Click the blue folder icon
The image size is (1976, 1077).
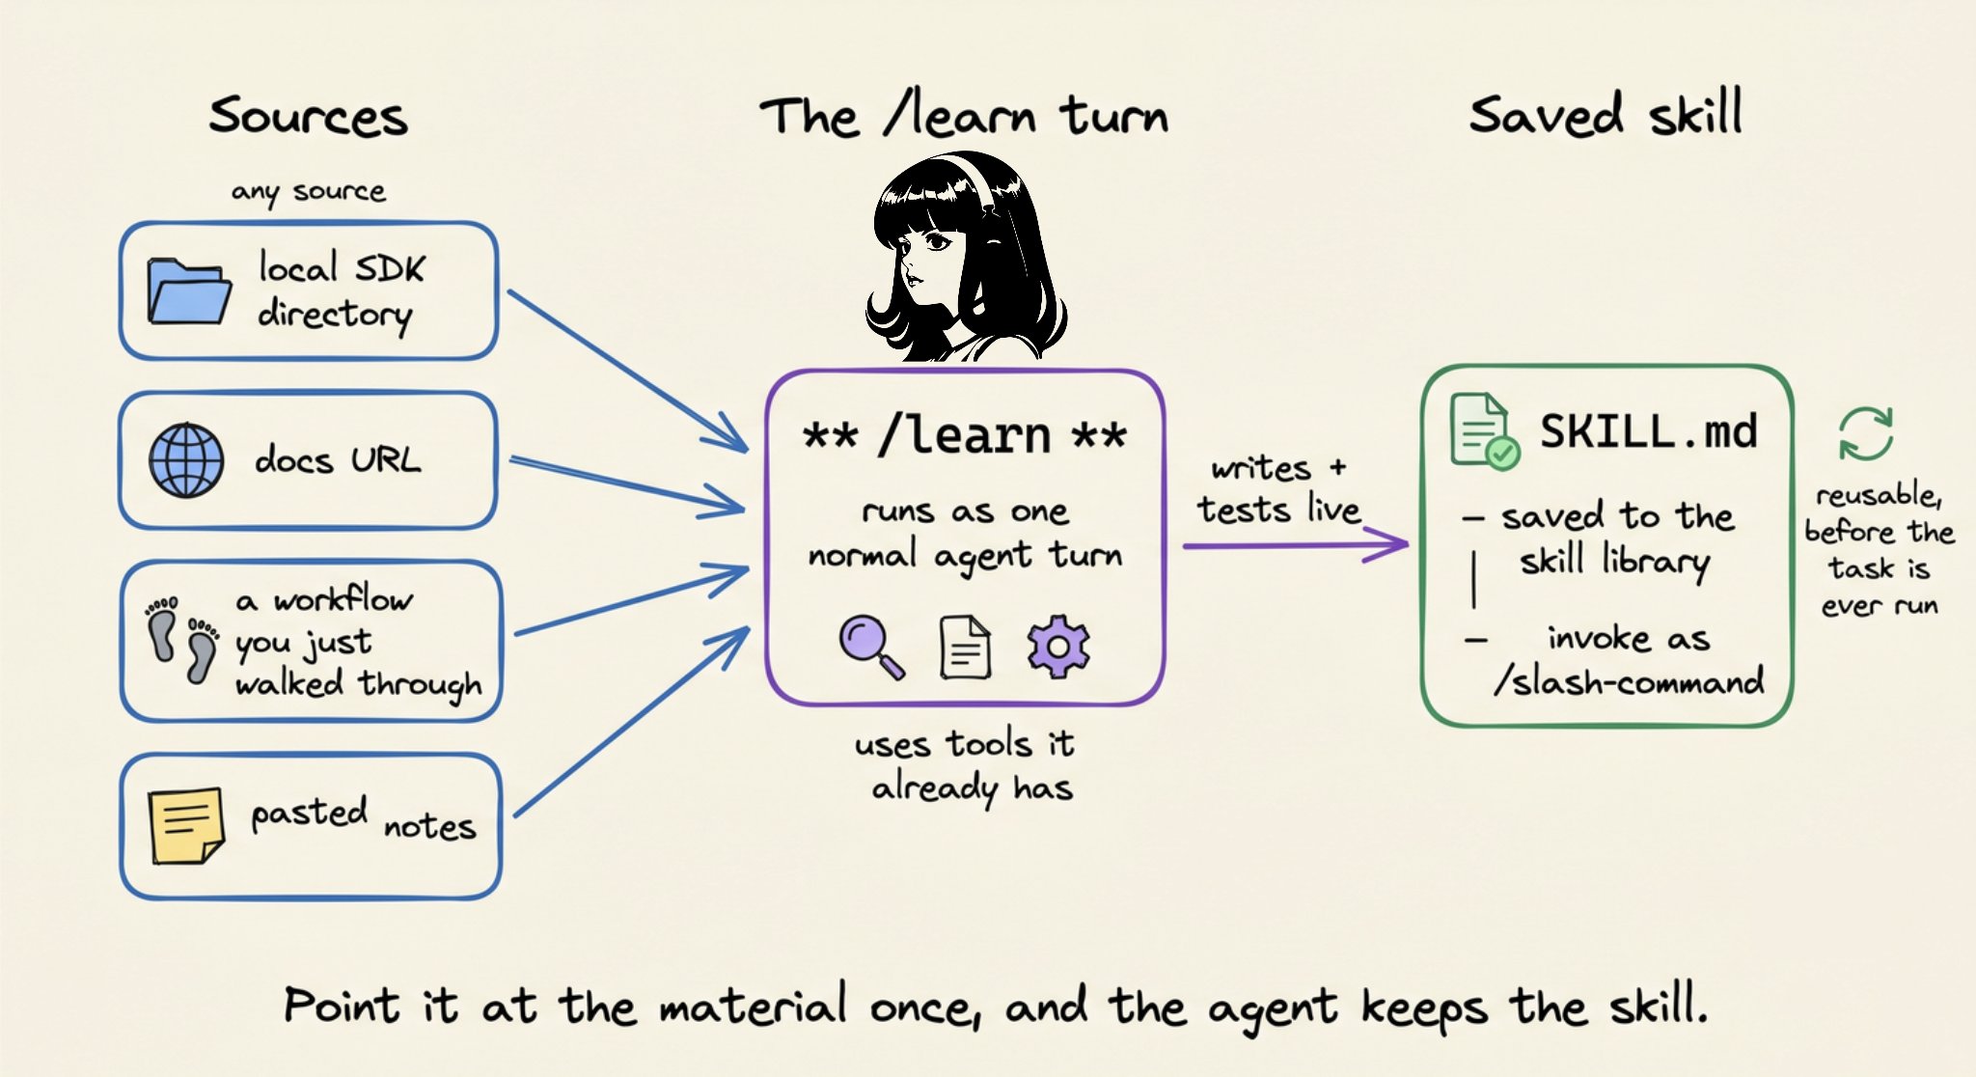pyautogui.click(x=189, y=290)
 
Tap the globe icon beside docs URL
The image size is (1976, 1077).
pyautogui.click(x=186, y=460)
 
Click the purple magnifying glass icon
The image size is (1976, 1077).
pyautogui.click(x=871, y=648)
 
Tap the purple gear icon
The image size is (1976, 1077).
pyautogui.click(x=1057, y=646)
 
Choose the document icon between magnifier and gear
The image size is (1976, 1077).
pyautogui.click(x=965, y=648)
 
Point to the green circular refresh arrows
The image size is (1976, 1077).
pyautogui.click(x=1865, y=433)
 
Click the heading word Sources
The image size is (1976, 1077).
pyautogui.click(x=309, y=116)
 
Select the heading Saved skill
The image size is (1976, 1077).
pyautogui.click(x=1606, y=114)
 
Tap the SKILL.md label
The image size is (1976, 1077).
pyautogui.click(x=1649, y=430)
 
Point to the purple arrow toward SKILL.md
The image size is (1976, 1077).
pyautogui.click(x=1296, y=545)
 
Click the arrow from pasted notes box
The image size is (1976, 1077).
pyautogui.click(x=632, y=722)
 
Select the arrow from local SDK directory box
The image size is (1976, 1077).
pyautogui.click(x=628, y=371)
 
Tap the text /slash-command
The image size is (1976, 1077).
pyautogui.click(x=1630, y=681)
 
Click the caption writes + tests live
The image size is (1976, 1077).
pyautogui.click(x=1279, y=489)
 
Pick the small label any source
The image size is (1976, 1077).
pyautogui.click(x=309, y=192)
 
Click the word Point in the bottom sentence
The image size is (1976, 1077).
pyautogui.click(x=343, y=1006)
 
